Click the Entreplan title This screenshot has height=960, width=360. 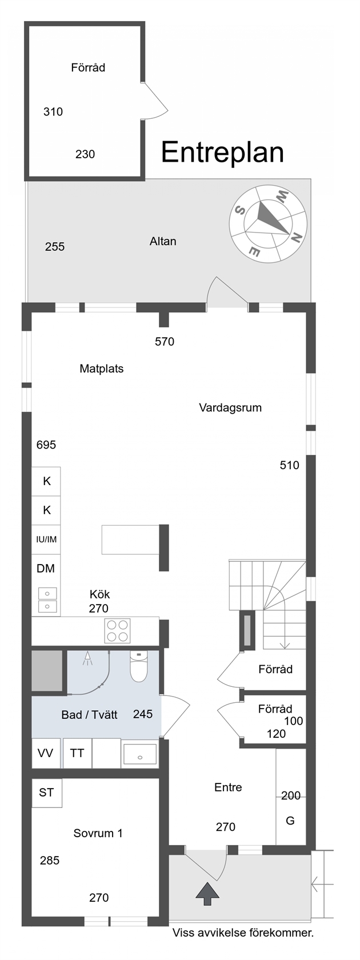click(222, 153)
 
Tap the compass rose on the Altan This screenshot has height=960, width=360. click(268, 224)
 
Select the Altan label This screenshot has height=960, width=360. click(163, 241)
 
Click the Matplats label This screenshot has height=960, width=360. click(102, 369)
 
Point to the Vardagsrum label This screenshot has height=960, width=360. click(230, 407)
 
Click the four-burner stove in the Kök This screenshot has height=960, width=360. click(118, 631)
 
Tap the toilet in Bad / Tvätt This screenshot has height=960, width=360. click(139, 666)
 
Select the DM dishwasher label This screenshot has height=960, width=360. click(46, 568)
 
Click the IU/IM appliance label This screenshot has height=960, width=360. click(46, 539)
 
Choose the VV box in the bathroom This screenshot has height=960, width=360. click(46, 753)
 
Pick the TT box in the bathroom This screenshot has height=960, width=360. click(77, 753)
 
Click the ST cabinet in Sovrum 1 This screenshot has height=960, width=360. click(47, 793)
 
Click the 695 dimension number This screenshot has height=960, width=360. click(46, 445)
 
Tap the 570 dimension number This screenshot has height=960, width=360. click(165, 342)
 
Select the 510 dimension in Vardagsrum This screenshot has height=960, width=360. click(289, 465)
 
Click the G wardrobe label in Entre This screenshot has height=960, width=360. click(290, 821)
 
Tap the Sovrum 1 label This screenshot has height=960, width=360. click(98, 833)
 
